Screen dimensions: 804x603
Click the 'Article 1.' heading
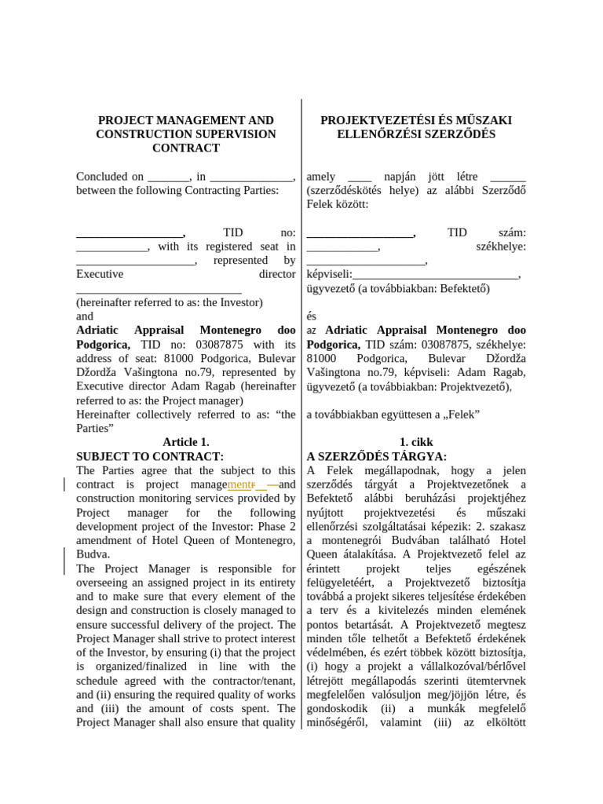pyautogui.click(x=186, y=442)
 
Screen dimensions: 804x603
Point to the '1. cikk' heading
pyautogui.click(x=416, y=442)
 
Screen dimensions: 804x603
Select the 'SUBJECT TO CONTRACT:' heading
pyautogui.click(x=150, y=456)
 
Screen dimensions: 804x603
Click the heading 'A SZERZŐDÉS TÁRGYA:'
pyautogui.click(x=377, y=456)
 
